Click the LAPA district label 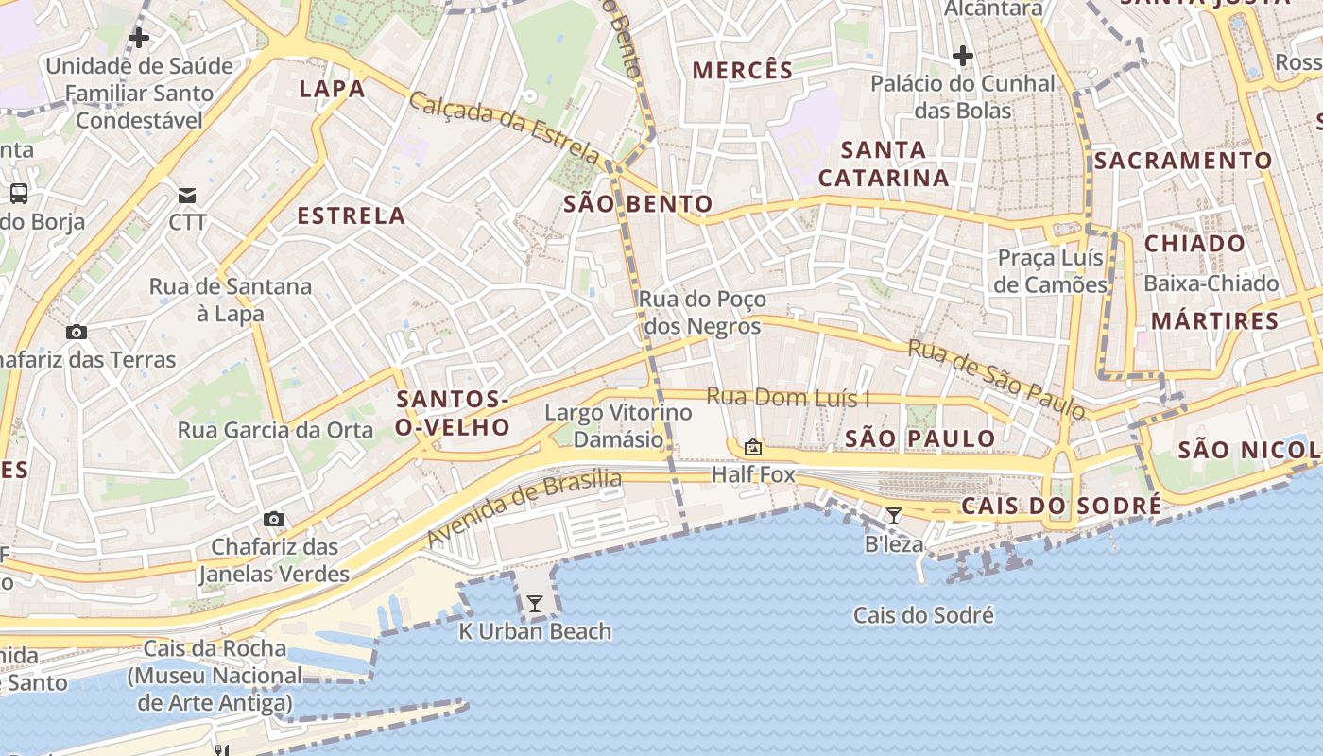coord(332,90)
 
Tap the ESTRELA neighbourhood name coord(352,216)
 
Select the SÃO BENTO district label coord(638,204)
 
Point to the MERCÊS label coord(743,70)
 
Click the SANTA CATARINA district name coord(884,164)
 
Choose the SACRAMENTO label coord(1183,161)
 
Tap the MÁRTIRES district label coord(1214,321)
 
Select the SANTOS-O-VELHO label coord(453,414)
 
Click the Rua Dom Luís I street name coord(788,398)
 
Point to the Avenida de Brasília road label coord(524,508)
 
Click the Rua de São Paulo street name coord(996,379)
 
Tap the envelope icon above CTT coord(187,196)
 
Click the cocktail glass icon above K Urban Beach coord(535,604)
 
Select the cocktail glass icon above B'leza coord(893,516)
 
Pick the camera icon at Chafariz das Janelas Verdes coord(274,520)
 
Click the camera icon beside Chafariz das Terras coord(77,333)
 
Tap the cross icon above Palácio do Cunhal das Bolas coord(962,57)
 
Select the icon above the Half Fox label coord(753,447)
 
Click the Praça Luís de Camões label coord(1051,271)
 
